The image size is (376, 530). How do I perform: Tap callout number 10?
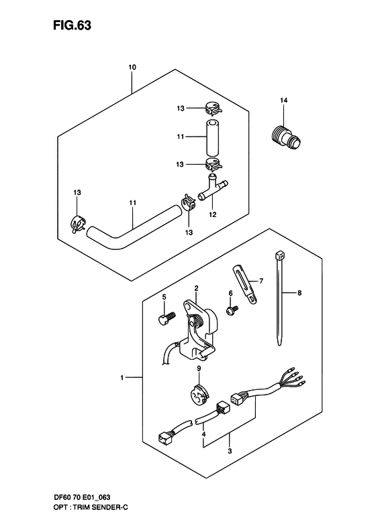tap(132, 68)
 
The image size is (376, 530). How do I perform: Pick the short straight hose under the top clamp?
tap(212, 137)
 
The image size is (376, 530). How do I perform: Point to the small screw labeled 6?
tap(232, 310)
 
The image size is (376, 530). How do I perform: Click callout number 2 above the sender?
tap(196, 288)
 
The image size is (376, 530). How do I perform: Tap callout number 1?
tap(122, 379)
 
